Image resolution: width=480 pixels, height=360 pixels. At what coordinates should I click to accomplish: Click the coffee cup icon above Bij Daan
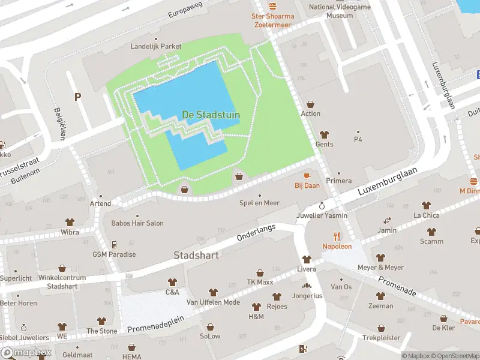[307, 175]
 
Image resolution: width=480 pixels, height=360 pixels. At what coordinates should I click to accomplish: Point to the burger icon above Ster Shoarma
[273, 5]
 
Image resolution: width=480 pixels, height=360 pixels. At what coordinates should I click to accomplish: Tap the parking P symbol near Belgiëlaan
[77, 96]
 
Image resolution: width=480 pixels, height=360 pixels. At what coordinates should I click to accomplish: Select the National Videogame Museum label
[339, 11]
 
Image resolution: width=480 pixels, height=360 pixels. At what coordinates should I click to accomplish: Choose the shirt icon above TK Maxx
[260, 273]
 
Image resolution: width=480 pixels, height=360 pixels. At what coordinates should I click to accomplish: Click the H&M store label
[256, 317]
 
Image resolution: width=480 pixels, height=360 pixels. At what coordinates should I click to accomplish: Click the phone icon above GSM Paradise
[114, 244]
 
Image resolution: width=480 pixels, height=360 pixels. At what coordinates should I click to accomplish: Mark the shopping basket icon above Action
[311, 104]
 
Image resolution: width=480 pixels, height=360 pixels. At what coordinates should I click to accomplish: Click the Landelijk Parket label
[156, 46]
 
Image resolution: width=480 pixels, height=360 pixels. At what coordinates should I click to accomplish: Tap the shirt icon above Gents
[325, 134]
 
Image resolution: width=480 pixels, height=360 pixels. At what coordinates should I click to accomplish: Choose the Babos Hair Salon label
[137, 223]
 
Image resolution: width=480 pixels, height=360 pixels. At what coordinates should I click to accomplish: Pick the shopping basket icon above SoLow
[211, 327]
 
